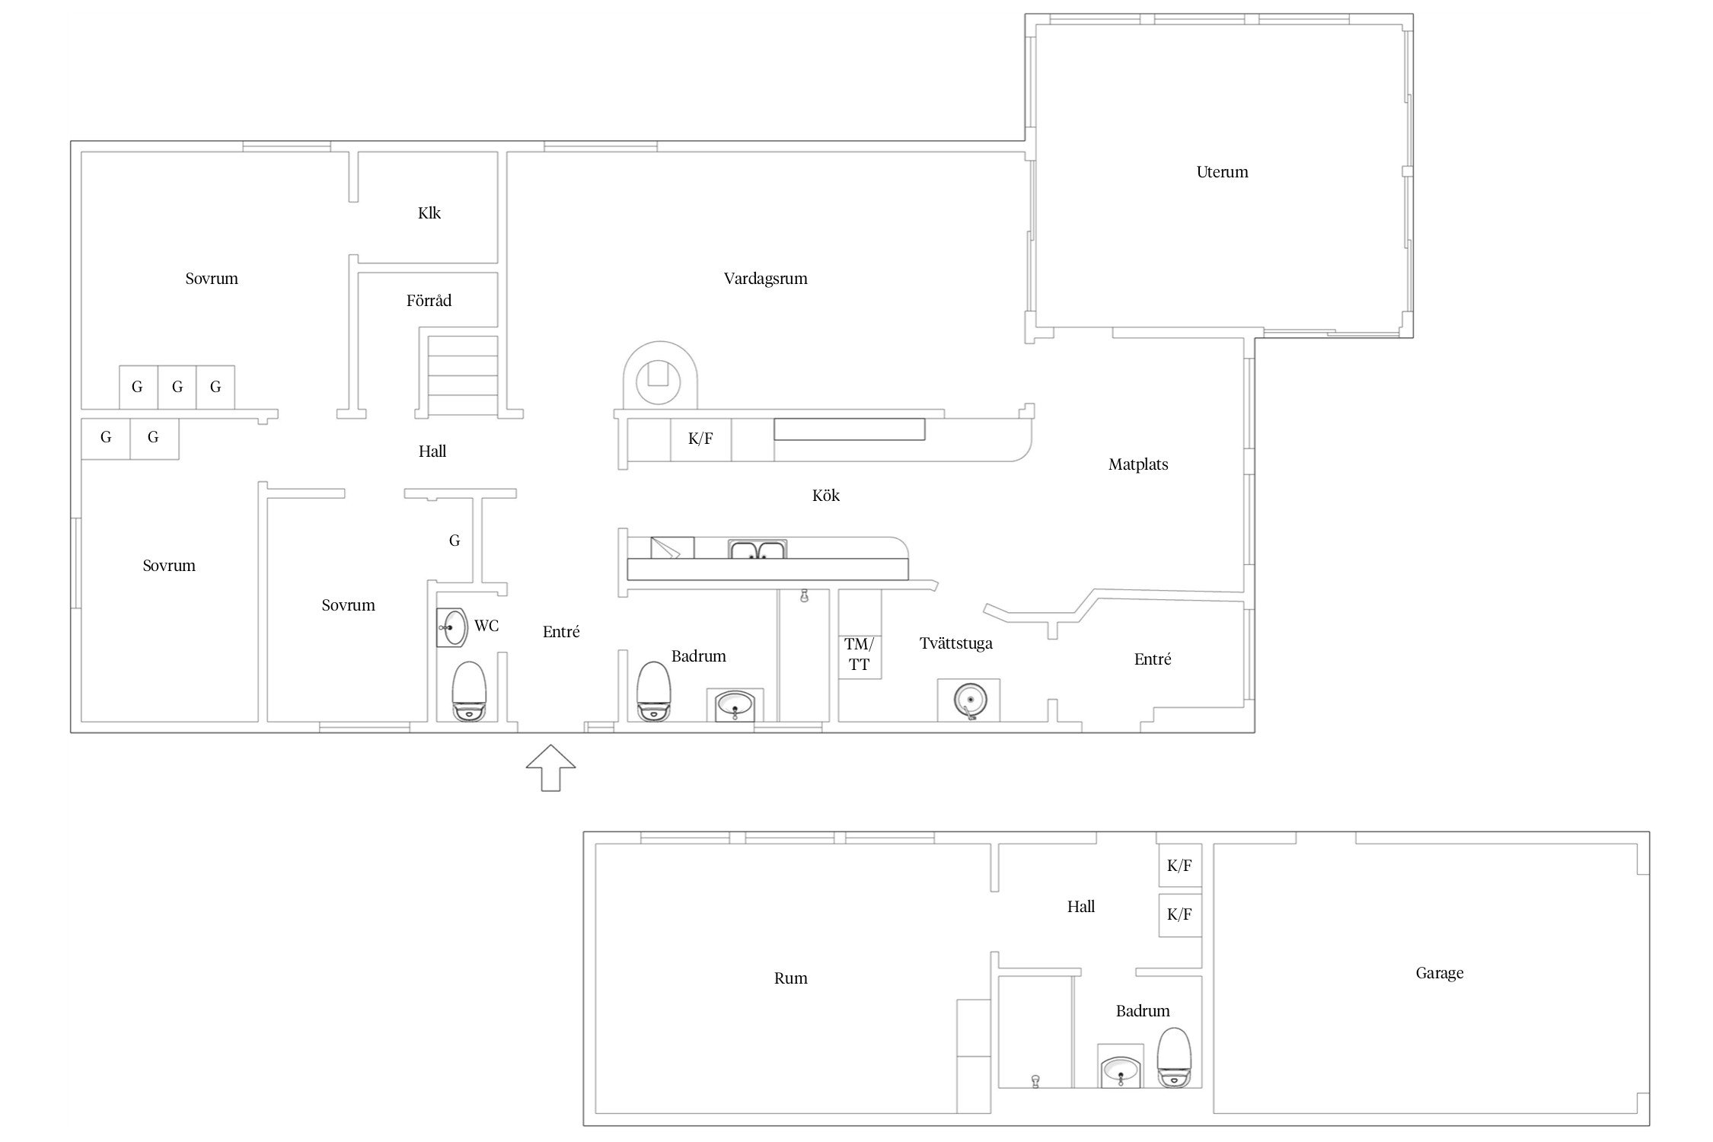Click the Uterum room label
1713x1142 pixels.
pyautogui.click(x=1222, y=172)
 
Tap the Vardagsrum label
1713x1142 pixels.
pyautogui.click(x=765, y=279)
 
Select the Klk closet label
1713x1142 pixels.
pyautogui.click(x=429, y=213)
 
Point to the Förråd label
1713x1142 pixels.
pyautogui.click(x=429, y=301)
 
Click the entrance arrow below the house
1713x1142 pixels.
pyautogui.click(x=550, y=767)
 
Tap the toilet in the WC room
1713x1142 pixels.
pyautogui.click(x=469, y=691)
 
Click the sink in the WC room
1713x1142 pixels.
pyautogui.click(x=452, y=628)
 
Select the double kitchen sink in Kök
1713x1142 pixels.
pyautogui.click(x=758, y=550)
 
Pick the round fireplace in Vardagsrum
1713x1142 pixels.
pyautogui.click(x=660, y=376)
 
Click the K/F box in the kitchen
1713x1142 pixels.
pyautogui.click(x=700, y=439)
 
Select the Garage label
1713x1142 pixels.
pyautogui.click(x=1439, y=973)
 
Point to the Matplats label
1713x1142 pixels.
pyautogui.click(x=1138, y=464)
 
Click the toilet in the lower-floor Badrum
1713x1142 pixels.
pyautogui.click(x=1173, y=1057)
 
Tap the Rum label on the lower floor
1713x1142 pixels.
pyautogui.click(x=790, y=978)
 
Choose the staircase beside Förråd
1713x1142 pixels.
pyautogui.click(x=463, y=376)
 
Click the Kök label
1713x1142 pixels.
pyautogui.click(x=826, y=496)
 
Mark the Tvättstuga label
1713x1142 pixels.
pyautogui.click(x=956, y=643)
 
